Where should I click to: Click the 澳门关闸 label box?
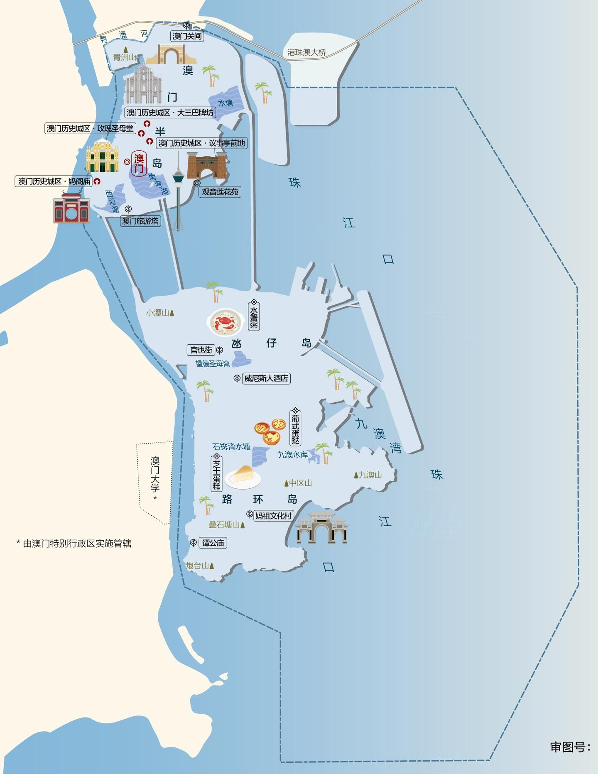(x=187, y=37)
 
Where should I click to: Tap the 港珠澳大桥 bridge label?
(x=306, y=53)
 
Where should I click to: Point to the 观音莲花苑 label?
(x=220, y=192)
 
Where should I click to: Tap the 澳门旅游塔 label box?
(x=140, y=221)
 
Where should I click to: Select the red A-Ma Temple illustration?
(x=71, y=208)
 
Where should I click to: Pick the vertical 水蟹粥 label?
(x=254, y=318)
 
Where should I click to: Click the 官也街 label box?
(x=201, y=350)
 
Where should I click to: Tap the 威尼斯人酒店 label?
(x=266, y=378)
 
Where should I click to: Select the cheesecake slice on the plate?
(x=243, y=476)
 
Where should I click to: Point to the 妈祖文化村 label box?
(x=273, y=516)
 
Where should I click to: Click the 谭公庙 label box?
(x=213, y=543)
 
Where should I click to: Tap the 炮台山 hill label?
(x=198, y=566)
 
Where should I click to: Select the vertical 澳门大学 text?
(x=155, y=475)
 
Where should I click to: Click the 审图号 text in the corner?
(x=570, y=747)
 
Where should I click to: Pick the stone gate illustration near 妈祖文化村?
(x=321, y=528)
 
